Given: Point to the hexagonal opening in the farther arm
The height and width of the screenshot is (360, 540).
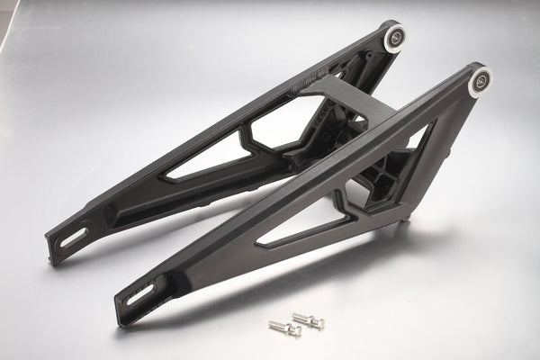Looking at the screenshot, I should [x=286, y=121].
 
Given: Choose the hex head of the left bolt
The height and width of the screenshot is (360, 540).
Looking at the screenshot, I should [x=294, y=331].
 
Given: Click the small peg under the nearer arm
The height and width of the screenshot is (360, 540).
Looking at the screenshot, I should [x=408, y=217].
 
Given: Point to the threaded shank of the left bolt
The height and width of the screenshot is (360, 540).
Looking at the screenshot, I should [x=278, y=326].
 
